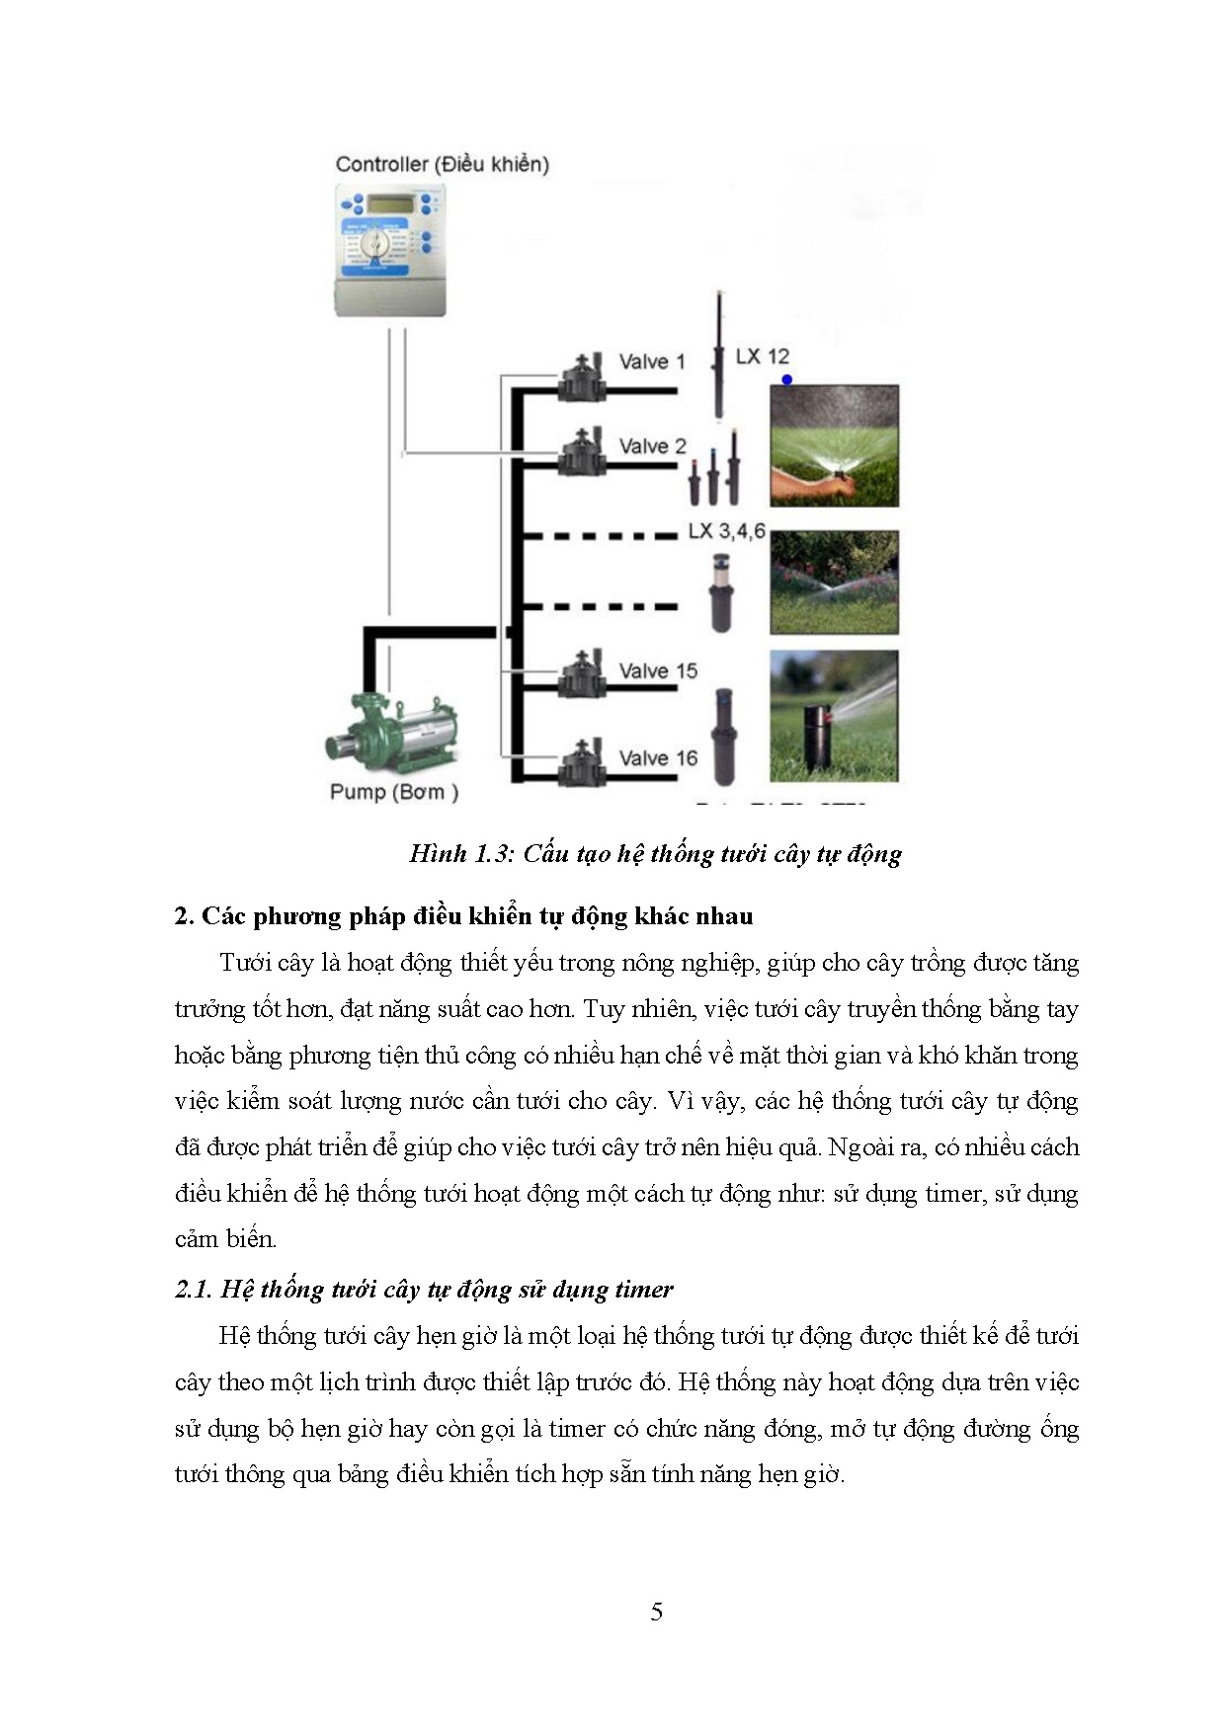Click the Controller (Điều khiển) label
pyautogui.click(x=442, y=164)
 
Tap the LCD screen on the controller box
pyautogui.click(x=391, y=204)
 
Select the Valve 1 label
pyautogui.click(x=651, y=361)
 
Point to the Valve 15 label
pyautogui.click(x=657, y=671)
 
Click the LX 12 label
pyautogui.click(x=762, y=356)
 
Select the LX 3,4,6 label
pyautogui.click(x=726, y=531)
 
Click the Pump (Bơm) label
pyautogui.click(x=393, y=792)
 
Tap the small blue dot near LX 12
pyautogui.click(x=786, y=379)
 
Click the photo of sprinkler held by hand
pyautogui.click(x=834, y=445)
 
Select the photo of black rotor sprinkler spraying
pyautogui.click(x=834, y=716)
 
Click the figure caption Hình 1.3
pyautogui.click(x=655, y=854)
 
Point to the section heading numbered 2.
pyautogui.click(x=463, y=916)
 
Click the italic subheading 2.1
pyautogui.click(x=424, y=1290)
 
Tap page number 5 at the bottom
pyautogui.click(x=657, y=1613)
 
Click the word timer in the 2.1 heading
pyautogui.click(x=643, y=1290)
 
